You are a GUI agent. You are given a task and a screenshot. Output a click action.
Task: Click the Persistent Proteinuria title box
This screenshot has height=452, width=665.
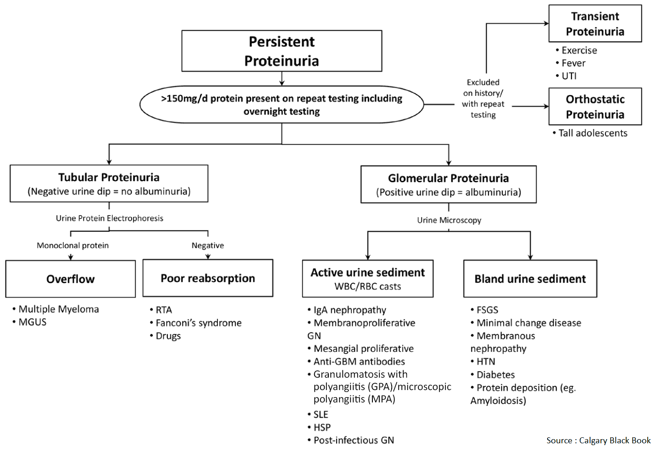click(x=282, y=51)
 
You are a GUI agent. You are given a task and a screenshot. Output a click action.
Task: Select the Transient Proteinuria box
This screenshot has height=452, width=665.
click(x=595, y=24)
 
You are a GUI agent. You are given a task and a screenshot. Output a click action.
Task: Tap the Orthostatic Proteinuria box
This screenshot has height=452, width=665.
click(x=595, y=106)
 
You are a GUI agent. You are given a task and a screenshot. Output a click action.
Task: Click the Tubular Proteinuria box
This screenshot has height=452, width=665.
click(x=109, y=184)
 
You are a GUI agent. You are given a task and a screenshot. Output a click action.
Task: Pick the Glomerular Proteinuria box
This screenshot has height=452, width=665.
click(x=448, y=184)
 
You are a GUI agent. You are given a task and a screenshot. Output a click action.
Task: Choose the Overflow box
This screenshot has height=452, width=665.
click(x=70, y=279)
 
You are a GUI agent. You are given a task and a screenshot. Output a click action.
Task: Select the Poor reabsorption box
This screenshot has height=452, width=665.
click(x=208, y=278)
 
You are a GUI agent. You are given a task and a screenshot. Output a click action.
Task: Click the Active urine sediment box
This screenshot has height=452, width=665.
click(x=367, y=279)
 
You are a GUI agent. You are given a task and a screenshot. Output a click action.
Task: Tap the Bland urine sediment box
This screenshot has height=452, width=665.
click(x=530, y=279)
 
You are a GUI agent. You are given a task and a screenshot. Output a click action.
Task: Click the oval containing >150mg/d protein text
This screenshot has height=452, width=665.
click(x=282, y=105)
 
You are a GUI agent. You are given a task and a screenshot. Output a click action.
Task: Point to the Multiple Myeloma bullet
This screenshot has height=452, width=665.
click(x=58, y=309)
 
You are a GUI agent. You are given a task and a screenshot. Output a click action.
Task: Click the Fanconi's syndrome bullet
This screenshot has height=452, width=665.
click(x=198, y=323)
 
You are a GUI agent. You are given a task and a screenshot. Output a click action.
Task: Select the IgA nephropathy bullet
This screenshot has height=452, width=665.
click(x=349, y=310)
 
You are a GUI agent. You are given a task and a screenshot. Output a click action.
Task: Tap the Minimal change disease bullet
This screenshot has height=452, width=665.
click(x=528, y=323)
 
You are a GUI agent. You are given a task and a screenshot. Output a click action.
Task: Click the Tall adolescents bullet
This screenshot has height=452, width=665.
click(x=592, y=133)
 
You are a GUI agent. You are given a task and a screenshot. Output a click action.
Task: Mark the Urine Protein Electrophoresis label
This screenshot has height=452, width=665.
click(x=109, y=218)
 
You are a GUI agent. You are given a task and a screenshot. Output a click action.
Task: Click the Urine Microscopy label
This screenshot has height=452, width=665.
click(x=449, y=220)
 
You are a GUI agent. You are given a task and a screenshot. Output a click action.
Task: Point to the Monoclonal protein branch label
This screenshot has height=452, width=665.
click(x=72, y=246)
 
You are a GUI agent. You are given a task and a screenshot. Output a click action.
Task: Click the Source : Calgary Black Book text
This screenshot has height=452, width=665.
click(x=598, y=441)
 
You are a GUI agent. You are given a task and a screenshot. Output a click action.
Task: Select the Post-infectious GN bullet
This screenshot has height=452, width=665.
click(x=353, y=441)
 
